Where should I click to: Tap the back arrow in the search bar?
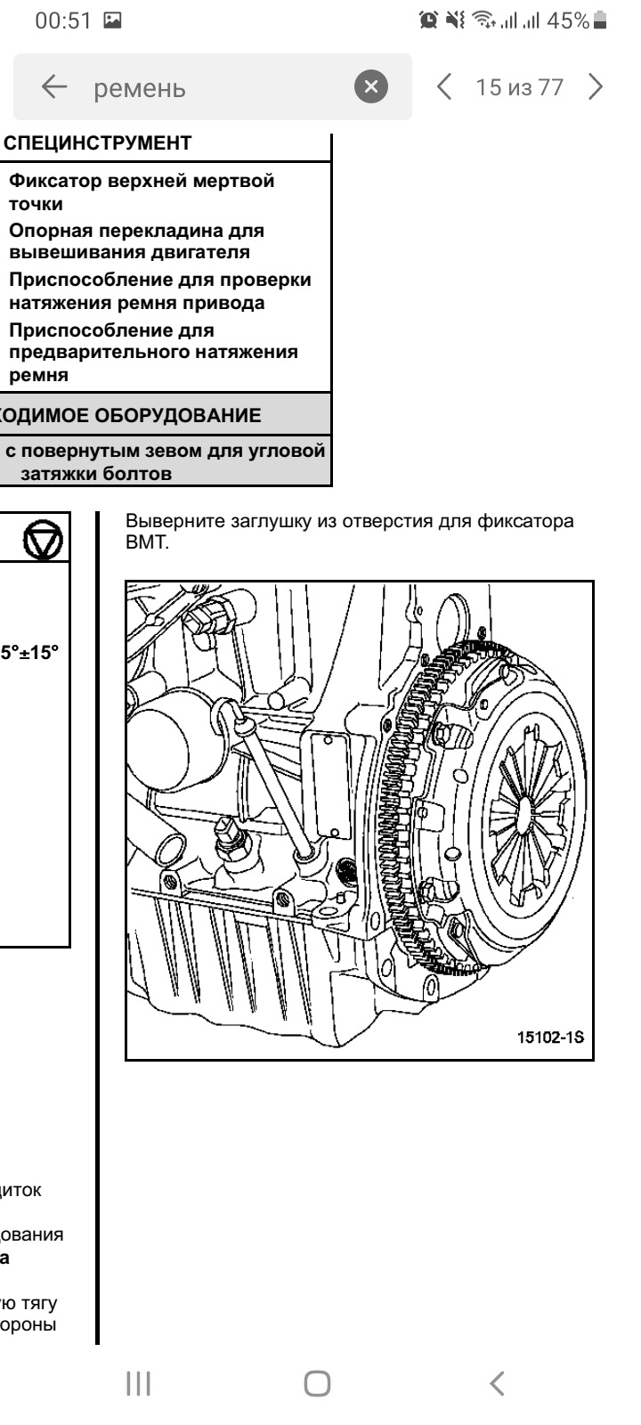(54, 87)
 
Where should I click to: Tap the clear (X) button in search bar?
(371, 86)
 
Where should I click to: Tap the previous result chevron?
(444, 86)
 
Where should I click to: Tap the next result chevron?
(596, 86)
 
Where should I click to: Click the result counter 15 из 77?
(520, 87)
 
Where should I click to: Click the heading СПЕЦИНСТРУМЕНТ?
(98, 142)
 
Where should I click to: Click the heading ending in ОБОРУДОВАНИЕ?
(134, 415)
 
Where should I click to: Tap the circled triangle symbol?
(43, 542)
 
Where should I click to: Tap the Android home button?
(318, 1382)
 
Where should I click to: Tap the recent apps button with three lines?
(138, 1382)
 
